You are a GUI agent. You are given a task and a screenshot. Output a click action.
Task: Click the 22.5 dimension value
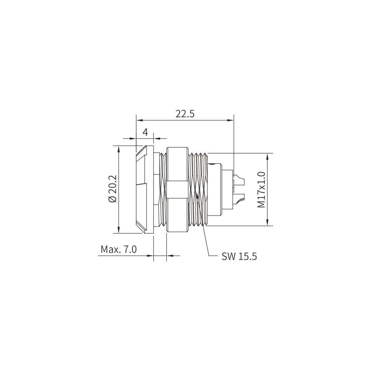coord(185,114)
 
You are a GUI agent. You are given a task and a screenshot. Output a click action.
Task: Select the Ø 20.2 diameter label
coord(113,189)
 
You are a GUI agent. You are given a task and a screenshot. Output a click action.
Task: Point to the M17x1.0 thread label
coord(261,190)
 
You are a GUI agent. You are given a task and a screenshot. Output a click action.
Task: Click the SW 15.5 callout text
coord(239,257)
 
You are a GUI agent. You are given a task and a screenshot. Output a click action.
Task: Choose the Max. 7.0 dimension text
coord(118,250)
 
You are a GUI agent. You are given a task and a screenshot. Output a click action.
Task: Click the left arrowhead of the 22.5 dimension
coord(139,121)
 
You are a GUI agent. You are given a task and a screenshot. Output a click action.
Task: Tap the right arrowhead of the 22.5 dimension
coord(230,121)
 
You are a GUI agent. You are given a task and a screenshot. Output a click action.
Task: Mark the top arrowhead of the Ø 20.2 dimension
coord(119,149)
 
